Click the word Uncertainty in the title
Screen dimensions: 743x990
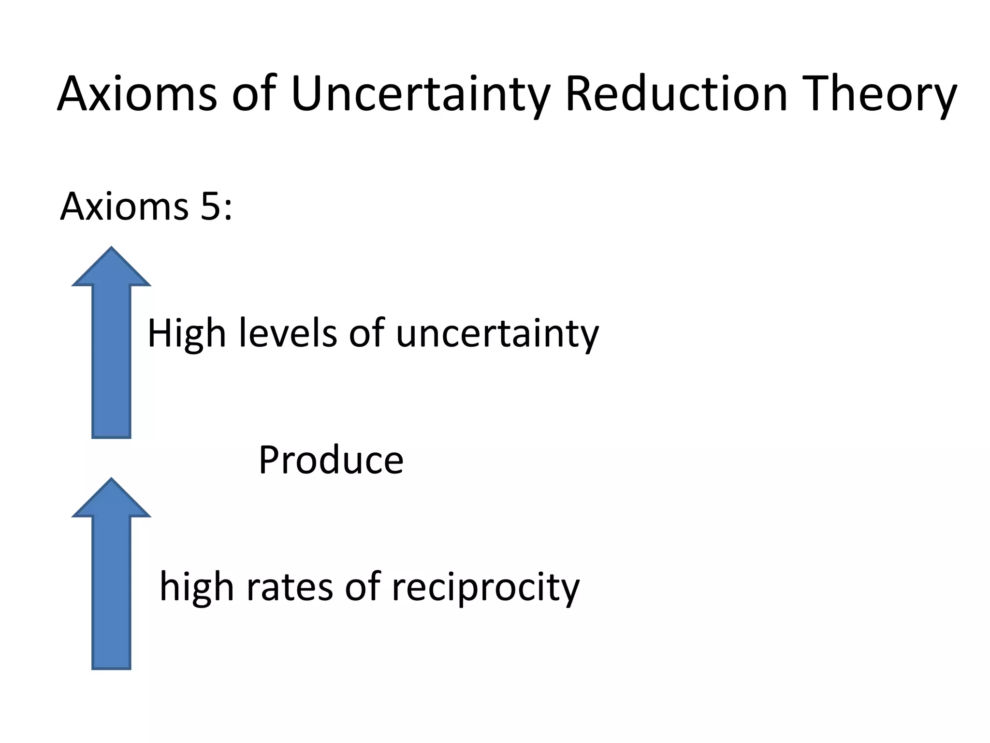click(421, 94)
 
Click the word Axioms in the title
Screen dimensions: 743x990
click(137, 94)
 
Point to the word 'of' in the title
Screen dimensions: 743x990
click(254, 94)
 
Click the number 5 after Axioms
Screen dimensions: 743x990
click(211, 207)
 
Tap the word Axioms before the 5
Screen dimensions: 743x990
click(124, 207)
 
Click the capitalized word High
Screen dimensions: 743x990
click(187, 334)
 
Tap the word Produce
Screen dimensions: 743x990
click(331, 460)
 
